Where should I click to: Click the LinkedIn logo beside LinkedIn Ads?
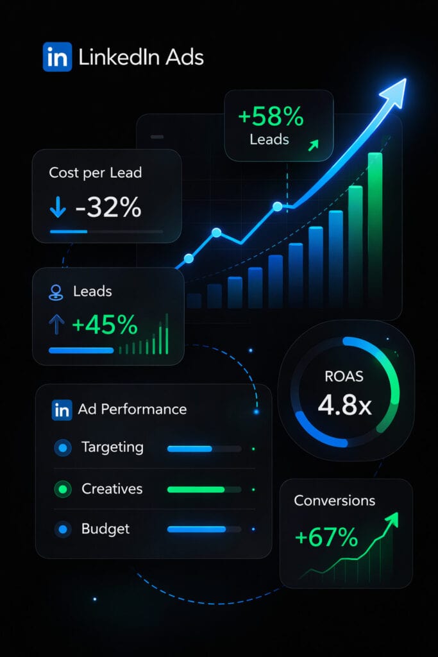(x=57, y=57)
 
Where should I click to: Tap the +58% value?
(x=270, y=117)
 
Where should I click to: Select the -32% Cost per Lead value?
(x=108, y=208)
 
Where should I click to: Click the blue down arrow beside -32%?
(x=58, y=209)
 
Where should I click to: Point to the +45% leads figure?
(x=105, y=325)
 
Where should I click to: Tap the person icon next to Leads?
(x=56, y=293)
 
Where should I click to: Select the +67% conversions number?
(x=326, y=538)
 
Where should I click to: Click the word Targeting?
(x=112, y=447)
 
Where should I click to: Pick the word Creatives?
(x=112, y=488)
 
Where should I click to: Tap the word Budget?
(x=106, y=529)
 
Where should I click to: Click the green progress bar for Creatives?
(x=196, y=489)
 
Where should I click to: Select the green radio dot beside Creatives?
(x=63, y=489)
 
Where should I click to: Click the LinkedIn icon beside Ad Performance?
(x=62, y=409)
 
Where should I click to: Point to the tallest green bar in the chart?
(x=375, y=228)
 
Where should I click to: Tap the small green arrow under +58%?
(x=313, y=146)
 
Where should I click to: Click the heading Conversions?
(x=335, y=500)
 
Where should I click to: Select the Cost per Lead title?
(x=95, y=173)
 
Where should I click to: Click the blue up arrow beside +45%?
(x=57, y=325)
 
